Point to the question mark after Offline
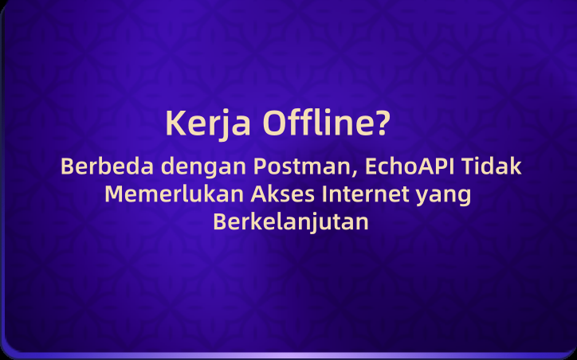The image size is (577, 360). coord(383,123)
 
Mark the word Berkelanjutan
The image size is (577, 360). coord(291,221)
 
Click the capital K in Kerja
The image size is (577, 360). coord(174,124)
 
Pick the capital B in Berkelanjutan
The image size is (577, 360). coord(220,221)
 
